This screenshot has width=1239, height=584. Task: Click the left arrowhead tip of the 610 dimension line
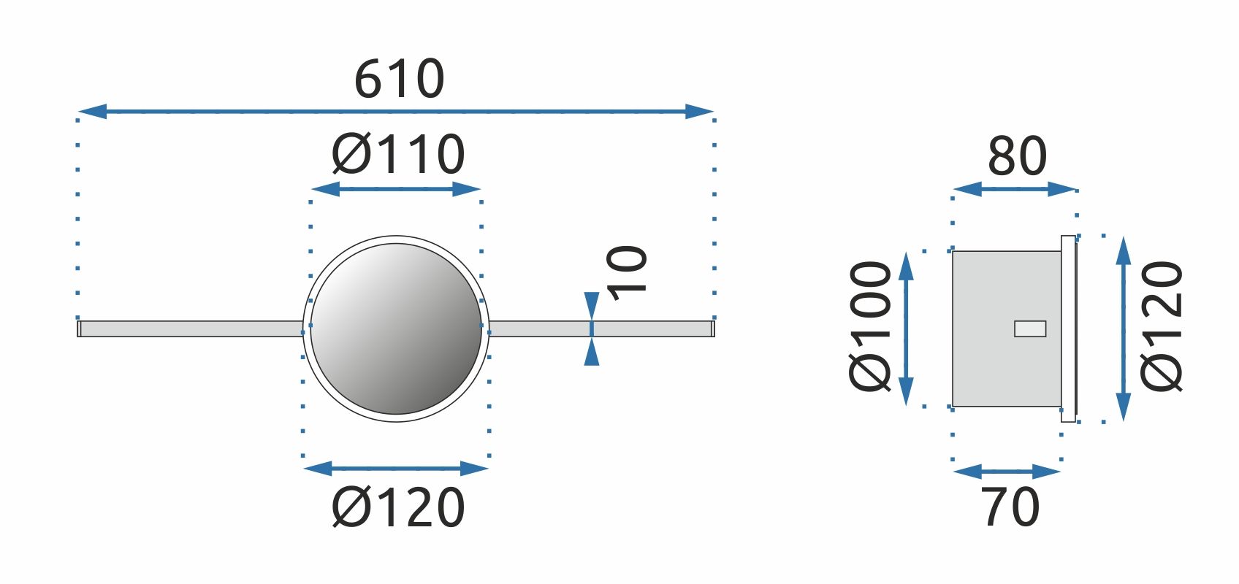[79, 111]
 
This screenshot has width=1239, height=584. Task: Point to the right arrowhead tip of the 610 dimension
[714, 111]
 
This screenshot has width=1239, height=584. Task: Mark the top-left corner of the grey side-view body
[953, 251]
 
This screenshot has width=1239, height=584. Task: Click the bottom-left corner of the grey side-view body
[953, 406]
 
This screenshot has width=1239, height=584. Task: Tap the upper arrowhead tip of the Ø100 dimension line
[905, 252]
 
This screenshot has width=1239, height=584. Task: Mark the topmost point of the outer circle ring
[396, 236]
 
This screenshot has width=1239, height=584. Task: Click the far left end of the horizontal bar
[77, 328]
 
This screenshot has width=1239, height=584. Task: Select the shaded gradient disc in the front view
[396, 328]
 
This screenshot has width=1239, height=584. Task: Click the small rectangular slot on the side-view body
[1030, 328]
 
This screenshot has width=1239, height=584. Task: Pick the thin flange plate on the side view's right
[1069, 328]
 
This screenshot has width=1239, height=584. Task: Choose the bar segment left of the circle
[190, 328]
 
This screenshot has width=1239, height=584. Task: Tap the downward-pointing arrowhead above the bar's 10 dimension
[592, 306]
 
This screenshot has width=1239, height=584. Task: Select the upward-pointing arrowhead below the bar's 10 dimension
[592, 351]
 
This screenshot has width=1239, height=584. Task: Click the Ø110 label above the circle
[398, 154]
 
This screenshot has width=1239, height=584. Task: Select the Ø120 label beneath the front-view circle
[398, 507]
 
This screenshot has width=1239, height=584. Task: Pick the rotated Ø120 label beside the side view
[1162, 326]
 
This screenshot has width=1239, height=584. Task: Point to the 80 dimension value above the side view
[1017, 156]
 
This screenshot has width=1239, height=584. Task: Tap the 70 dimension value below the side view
[1010, 507]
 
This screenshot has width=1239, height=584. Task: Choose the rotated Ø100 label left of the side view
[870, 326]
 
